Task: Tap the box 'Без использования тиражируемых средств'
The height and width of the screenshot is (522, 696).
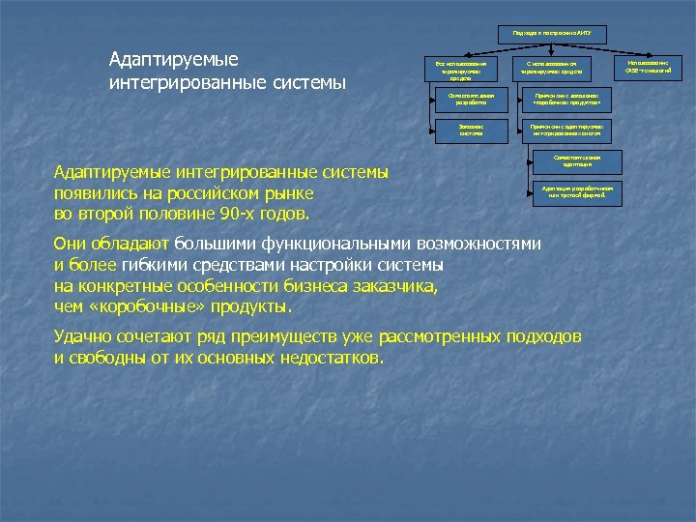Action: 454,69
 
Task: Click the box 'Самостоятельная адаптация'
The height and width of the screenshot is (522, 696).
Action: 577,161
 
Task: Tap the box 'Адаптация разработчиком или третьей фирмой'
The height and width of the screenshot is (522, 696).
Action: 577,192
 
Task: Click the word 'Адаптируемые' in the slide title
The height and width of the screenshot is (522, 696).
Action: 174,59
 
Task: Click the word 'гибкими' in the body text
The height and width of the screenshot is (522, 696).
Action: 151,265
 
